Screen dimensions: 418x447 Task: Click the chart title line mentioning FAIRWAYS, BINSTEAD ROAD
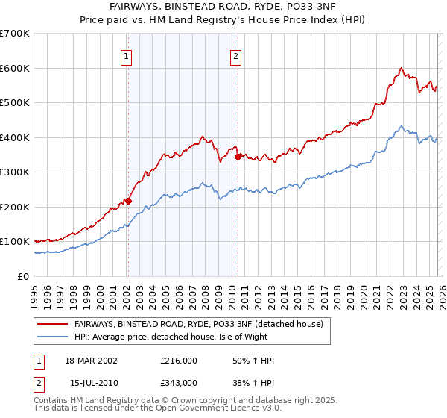point(223,5)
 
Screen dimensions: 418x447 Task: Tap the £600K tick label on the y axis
point(15,68)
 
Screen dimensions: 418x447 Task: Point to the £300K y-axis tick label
point(15,172)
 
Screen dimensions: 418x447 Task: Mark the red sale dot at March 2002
point(128,201)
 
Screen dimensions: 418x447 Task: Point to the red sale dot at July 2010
point(238,157)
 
